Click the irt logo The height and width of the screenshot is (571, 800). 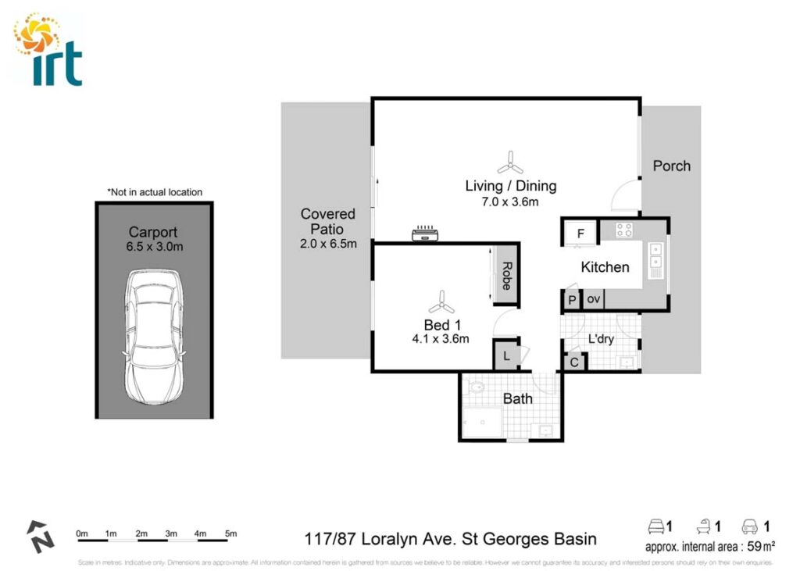(x=48, y=50)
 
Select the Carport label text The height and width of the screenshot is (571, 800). (x=153, y=232)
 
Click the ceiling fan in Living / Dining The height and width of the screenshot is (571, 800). (x=510, y=163)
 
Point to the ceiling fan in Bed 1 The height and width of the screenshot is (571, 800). (x=441, y=301)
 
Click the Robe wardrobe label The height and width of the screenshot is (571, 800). (x=505, y=276)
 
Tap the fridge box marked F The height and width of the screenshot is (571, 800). (x=580, y=233)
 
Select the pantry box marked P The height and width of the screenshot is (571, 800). (x=572, y=300)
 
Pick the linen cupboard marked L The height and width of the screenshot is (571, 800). (x=506, y=356)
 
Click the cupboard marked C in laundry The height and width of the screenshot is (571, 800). (x=574, y=362)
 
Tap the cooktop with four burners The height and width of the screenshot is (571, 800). (x=624, y=230)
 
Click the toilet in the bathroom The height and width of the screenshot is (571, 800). (x=475, y=387)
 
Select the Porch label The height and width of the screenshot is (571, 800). (x=671, y=166)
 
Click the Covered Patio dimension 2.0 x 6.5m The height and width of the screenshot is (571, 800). (x=328, y=243)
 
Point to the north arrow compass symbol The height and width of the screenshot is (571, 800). (x=40, y=537)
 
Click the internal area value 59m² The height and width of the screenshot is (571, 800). (x=762, y=546)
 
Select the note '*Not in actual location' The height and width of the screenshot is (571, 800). (x=154, y=192)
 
